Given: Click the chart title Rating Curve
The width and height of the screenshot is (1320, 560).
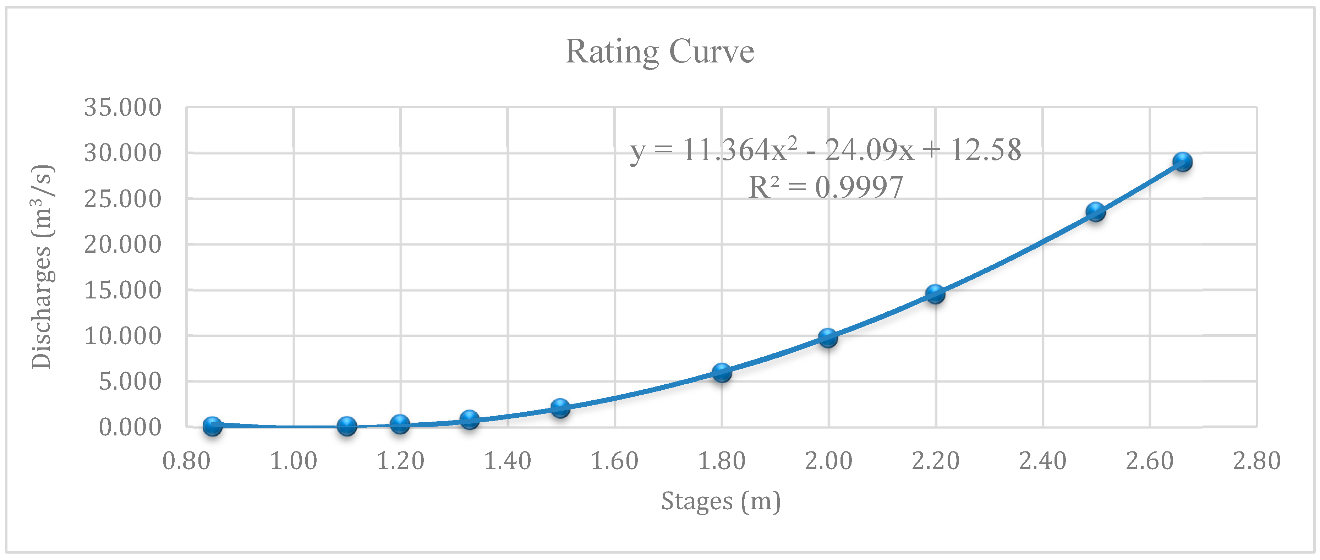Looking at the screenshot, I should click(x=659, y=52).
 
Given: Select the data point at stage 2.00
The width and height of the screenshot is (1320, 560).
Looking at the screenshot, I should click(x=828, y=337).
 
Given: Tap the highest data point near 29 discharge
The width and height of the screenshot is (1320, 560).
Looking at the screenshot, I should click(x=1182, y=162).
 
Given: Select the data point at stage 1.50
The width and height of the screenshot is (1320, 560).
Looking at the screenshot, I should click(x=560, y=408).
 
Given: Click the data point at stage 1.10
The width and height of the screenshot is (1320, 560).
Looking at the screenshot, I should click(x=347, y=426).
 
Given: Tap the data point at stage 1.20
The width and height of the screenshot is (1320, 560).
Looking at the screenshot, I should click(x=400, y=424).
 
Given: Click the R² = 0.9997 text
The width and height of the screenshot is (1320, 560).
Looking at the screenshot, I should click(x=826, y=187).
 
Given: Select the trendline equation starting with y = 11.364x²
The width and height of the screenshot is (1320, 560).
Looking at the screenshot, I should click(x=826, y=150).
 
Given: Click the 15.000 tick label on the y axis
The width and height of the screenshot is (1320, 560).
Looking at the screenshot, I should click(x=122, y=291).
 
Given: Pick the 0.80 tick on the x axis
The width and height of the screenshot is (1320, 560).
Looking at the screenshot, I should click(x=187, y=461).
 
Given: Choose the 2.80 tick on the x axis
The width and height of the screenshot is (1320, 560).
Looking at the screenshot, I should click(x=1256, y=461).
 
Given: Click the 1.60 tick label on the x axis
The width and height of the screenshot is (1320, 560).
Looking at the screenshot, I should click(x=614, y=461).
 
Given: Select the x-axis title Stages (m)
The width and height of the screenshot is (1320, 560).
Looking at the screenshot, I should click(x=721, y=501).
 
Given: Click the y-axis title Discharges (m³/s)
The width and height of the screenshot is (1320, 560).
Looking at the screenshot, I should click(x=42, y=267).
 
